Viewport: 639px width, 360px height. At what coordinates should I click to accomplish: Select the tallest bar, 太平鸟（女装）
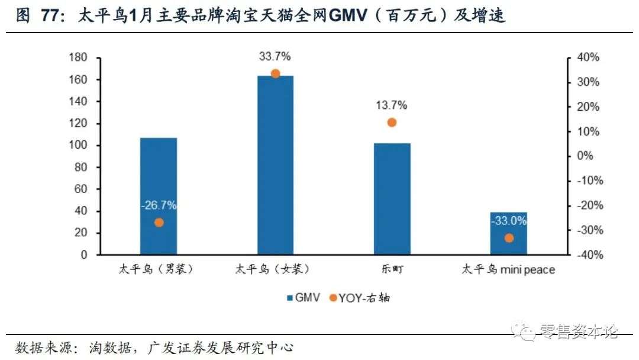pyautogui.click(x=275, y=165)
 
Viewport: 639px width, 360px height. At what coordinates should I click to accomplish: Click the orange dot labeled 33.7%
pyautogui.click(x=275, y=74)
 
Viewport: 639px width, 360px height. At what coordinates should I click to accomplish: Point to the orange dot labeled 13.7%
pyautogui.click(x=392, y=123)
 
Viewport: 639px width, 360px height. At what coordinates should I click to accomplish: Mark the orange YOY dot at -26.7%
pyautogui.click(x=159, y=223)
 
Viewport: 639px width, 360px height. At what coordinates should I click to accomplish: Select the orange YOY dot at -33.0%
pyautogui.click(x=509, y=238)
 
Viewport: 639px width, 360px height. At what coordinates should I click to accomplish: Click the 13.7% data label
pyautogui.click(x=391, y=105)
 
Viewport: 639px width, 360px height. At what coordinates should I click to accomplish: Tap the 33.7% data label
pyautogui.click(x=275, y=57)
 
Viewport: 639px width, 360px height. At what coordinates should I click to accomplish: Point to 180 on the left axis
pyautogui.click(x=78, y=57)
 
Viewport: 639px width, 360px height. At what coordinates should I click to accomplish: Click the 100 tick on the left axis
pyautogui.click(x=78, y=146)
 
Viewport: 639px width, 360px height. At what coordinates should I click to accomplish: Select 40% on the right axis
pyautogui.click(x=588, y=57)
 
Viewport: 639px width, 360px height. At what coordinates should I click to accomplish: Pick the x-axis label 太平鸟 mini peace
pyautogui.click(x=508, y=270)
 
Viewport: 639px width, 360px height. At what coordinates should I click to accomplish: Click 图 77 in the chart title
pyautogui.click(x=38, y=17)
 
